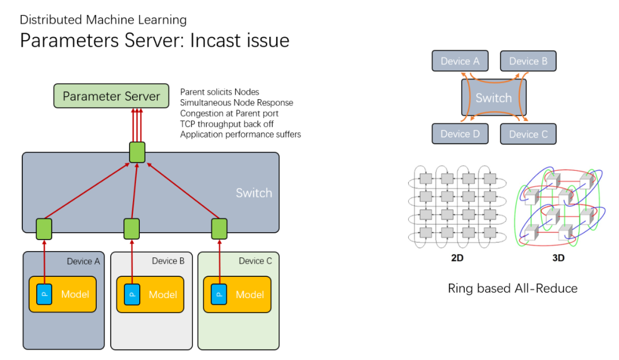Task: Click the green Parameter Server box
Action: point(111,96)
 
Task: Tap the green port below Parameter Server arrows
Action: point(136,151)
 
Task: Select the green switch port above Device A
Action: point(44,228)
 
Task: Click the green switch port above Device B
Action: point(132,228)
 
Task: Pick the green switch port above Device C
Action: point(220,228)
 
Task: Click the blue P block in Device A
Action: point(44,294)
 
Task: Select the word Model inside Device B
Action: point(163,295)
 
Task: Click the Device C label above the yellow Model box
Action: point(256,261)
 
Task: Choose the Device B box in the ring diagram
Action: point(528,61)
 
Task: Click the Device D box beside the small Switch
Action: point(460,134)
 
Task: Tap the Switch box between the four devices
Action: point(493,97)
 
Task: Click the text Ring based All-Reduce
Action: point(512,288)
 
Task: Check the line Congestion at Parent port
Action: point(229,114)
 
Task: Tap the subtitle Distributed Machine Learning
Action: point(103,19)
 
